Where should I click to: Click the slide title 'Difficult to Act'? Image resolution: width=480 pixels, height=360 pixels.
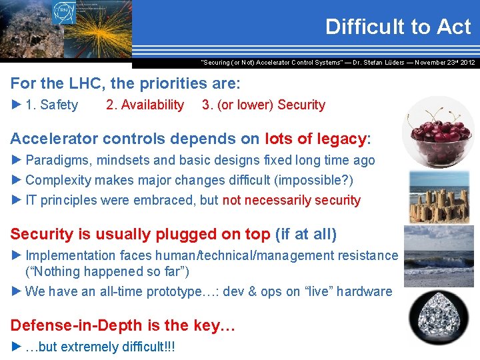pos(398,27)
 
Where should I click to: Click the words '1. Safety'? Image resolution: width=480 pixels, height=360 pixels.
pos(51,105)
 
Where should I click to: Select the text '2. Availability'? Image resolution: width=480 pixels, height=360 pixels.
pos(145,105)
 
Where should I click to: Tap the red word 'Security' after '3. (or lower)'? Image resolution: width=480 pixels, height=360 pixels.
pos(301,105)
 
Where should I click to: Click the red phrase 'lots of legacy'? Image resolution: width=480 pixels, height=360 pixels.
pos(316,139)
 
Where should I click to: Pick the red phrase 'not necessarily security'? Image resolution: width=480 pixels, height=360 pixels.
pos(291,200)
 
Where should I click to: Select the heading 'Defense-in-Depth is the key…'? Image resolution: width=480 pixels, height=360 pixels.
pos(123,325)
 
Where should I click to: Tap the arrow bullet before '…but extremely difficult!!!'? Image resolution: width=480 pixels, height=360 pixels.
pos(17,347)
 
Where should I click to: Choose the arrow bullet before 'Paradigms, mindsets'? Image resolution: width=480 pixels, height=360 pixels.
pos(17,160)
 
